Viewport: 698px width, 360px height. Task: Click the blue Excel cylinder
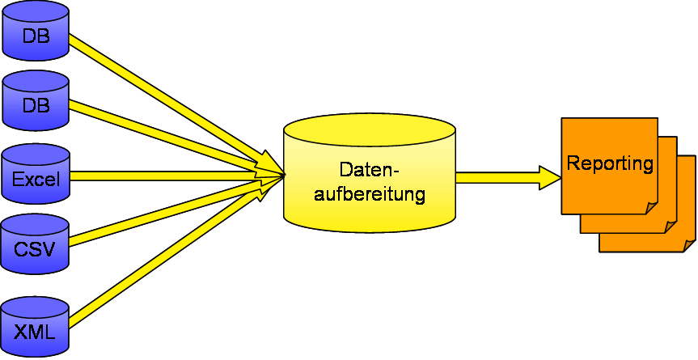[x=36, y=176]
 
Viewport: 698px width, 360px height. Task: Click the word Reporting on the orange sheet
[x=610, y=163]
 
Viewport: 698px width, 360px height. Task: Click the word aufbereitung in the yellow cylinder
[x=369, y=194]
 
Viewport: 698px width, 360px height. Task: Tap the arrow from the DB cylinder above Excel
[x=162, y=133]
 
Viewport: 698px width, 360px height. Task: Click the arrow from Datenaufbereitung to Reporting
[x=497, y=177]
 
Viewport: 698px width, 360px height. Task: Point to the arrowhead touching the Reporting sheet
[x=551, y=177]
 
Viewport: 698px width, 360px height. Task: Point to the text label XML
[x=36, y=329]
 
